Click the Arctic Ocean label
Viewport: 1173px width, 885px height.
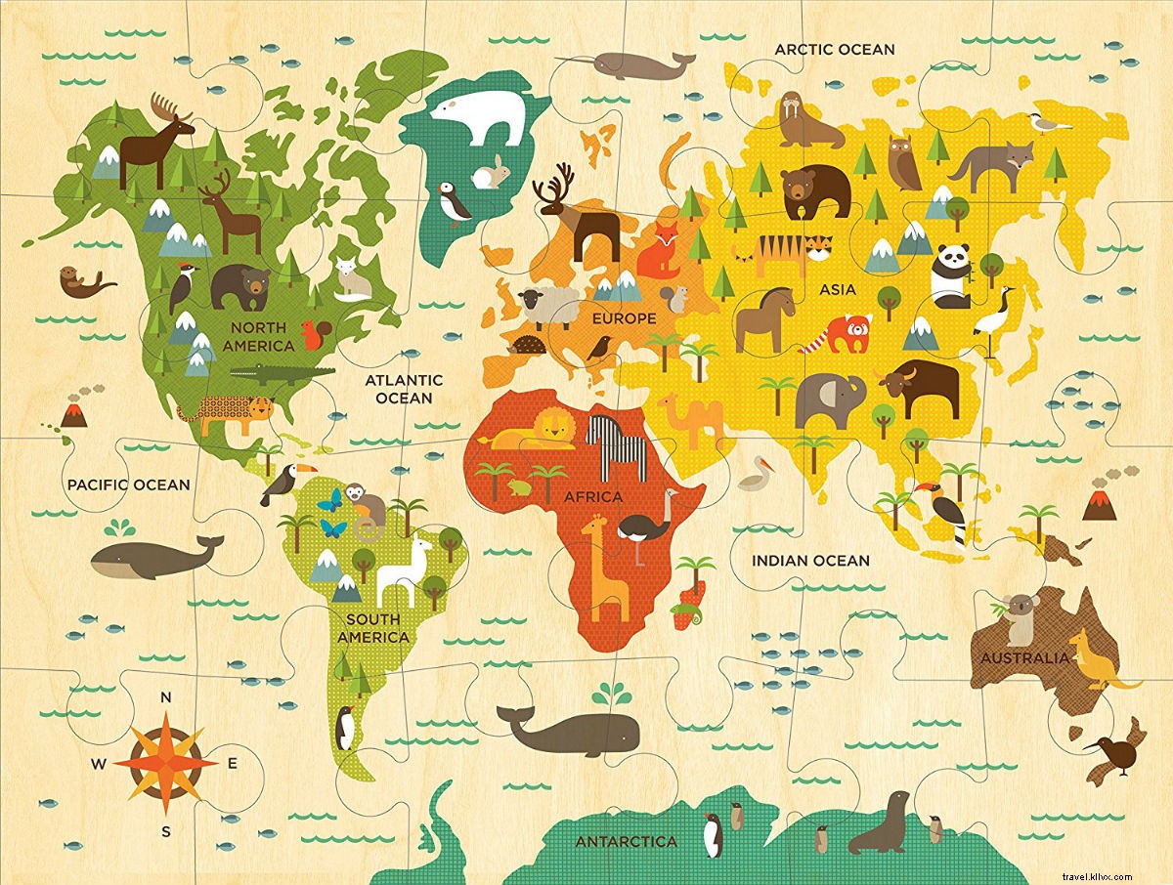pos(834,49)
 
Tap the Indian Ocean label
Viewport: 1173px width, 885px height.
pos(809,561)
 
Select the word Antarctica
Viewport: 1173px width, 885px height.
pos(626,841)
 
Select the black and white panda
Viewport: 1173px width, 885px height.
pos(950,274)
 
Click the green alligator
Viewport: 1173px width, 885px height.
pos(282,373)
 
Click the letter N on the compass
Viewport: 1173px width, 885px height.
pos(166,696)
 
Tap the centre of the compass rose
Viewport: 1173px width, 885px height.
pos(166,762)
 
